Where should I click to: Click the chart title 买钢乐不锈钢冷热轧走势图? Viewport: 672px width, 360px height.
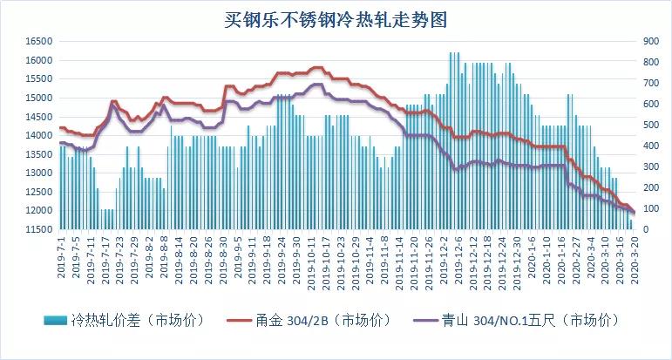click(x=336, y=18)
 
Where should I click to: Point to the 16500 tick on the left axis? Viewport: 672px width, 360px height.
click(x=39, y=41)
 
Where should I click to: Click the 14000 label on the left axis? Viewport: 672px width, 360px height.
click(x=39, y=135)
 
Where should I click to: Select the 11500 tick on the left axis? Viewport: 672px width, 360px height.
click(x=39, y=229)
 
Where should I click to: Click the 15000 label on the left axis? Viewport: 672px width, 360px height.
click(x=39, y=98)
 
